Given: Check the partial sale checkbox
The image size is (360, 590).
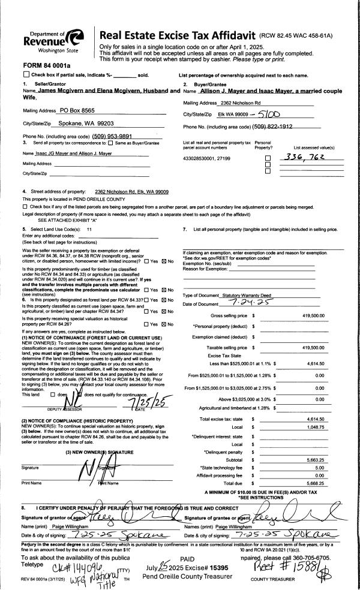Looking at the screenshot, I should (26, 74).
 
